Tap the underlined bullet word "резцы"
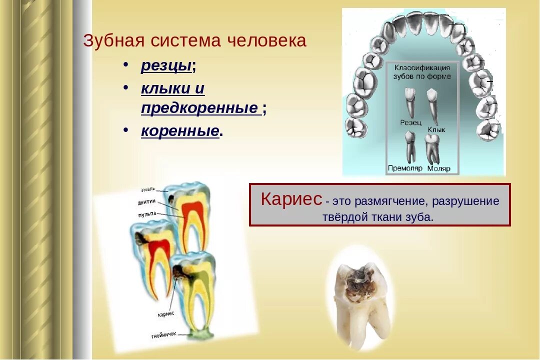(166, 65)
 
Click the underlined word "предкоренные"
(199, 107)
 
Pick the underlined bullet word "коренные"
(180, 131)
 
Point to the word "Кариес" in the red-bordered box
(291, 199)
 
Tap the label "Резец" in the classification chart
(410, 122)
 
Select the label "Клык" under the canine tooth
(436, 129)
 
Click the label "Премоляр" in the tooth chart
(405, 168)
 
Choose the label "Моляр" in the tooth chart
(438, 168)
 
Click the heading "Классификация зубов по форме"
(422, 72)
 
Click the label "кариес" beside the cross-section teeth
(165, 313)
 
